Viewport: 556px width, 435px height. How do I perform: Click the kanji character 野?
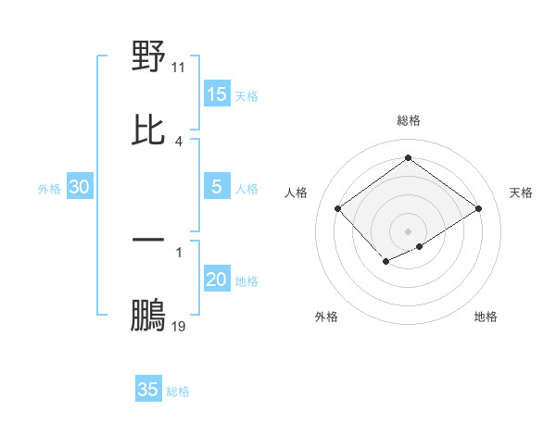click(x=148, y=56)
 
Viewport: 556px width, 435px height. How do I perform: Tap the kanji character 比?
click(x=148, y=130)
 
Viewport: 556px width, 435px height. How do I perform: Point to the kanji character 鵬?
click(x=148, y=314)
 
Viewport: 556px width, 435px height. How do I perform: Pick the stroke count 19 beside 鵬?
click(x=179, y=326)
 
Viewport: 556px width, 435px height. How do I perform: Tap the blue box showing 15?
click(x=217, y=94)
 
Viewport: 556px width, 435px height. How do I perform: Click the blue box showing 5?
click(x=217, y=187)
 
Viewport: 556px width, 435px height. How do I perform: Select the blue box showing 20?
click(x=217, y=280)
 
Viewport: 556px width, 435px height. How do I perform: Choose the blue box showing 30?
click(x=80, y=187)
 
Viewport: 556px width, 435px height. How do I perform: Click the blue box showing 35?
click(x=148, y=390)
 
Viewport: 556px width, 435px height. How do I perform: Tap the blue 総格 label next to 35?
click(x=178, y=391)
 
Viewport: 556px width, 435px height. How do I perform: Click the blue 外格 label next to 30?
click(x=49, y=189)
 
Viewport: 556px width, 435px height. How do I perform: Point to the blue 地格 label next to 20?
click(x=246, y=281)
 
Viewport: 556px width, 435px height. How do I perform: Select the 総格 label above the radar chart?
click(x=409, y=120)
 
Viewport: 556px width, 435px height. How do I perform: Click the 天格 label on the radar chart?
click(x=521, y=193)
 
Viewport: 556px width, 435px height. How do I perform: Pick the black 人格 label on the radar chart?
click(x=297, y=193)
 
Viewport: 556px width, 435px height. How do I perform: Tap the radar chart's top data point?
click(x=409, y=157)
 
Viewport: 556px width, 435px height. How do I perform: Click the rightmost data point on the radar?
click(x=479, y=209)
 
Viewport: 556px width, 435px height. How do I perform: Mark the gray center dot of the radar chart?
click(x=409, y=230)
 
